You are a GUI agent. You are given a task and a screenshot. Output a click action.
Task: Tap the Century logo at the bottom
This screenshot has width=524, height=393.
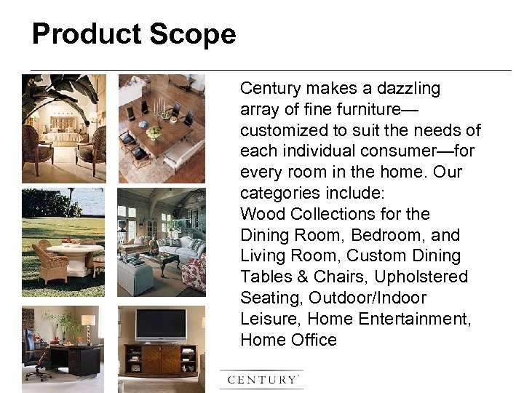pos(262,379)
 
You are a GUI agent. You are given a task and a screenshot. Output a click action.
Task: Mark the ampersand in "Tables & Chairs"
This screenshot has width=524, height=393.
pos(301,277)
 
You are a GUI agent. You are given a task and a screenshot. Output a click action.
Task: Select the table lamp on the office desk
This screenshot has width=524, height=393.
pos(88,325)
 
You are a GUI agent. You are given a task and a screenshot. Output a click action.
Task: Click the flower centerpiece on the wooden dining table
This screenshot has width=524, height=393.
pos(154,132)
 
